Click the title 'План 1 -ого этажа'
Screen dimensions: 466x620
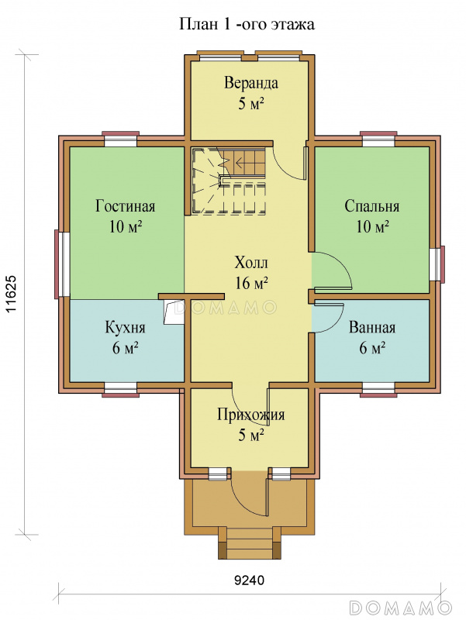coord(247,24)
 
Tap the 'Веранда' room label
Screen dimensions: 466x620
coord(251,83)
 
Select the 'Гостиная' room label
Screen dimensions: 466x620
coord(126,206)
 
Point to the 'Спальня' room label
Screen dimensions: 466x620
coord(372,206)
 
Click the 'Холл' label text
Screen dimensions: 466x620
coord(251,263)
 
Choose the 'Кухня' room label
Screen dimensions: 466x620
coord(125,327)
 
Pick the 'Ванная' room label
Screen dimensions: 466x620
coord(372,327)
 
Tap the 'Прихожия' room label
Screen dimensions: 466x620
coord(250,415)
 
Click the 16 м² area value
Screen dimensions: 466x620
coord(251,283)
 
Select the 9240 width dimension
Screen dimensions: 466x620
coord(249,580)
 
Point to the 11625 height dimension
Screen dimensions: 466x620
coord(12,294)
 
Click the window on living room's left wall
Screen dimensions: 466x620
coord(62,264)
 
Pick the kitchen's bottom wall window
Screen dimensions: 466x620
coord(121,389)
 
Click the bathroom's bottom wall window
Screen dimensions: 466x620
coord(378,389)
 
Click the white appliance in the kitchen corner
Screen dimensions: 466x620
coord(173,313)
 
